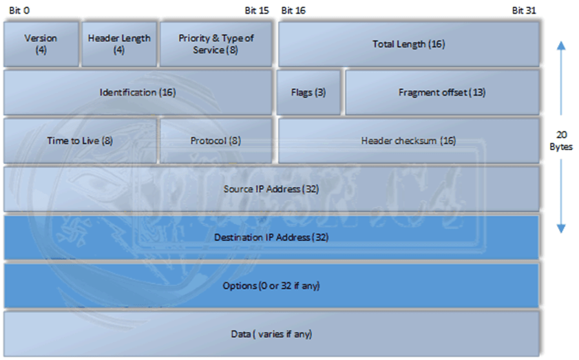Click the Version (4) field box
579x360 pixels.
click(x=41, y=43)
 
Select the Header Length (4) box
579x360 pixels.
click(x=119, y=43)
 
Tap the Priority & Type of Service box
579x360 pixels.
click(x=215, y=43)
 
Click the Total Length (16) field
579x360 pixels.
click(x=408, y=43)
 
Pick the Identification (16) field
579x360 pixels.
click(x=138, y=92)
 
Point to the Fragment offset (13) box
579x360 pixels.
click(x=441, y=92)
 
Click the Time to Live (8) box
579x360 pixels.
click(x=80, y=140)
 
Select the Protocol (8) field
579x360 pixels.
click(x=215, y=140)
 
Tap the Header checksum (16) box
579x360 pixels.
click(x=408, y=140)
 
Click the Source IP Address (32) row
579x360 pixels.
click(x=271, y=188)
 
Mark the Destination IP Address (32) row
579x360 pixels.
click(x=271, y=237)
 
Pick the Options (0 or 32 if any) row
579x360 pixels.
click(x=271, y=285)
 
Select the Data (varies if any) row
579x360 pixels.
click(x=271, y=334)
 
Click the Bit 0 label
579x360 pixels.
click(x=19, y=10)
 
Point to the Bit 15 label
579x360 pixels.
click(x=257, y=10)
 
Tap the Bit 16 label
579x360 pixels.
click(x=293, y=10)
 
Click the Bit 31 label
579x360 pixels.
click(x=524, y=10)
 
